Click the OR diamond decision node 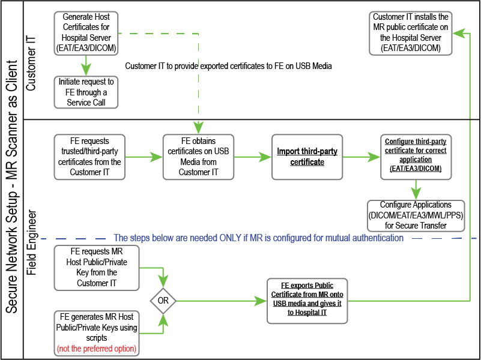point(163,299)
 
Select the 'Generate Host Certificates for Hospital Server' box point(85,32)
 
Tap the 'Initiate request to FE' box point(86,92)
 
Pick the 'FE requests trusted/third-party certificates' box point(89,157)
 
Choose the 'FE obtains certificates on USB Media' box point(198,157)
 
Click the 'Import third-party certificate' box point(307,157)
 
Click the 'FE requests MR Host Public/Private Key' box point(96,268)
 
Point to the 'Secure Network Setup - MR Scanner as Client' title point(11,180)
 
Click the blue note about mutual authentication point(258,238)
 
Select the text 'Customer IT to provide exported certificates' point(228,65)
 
